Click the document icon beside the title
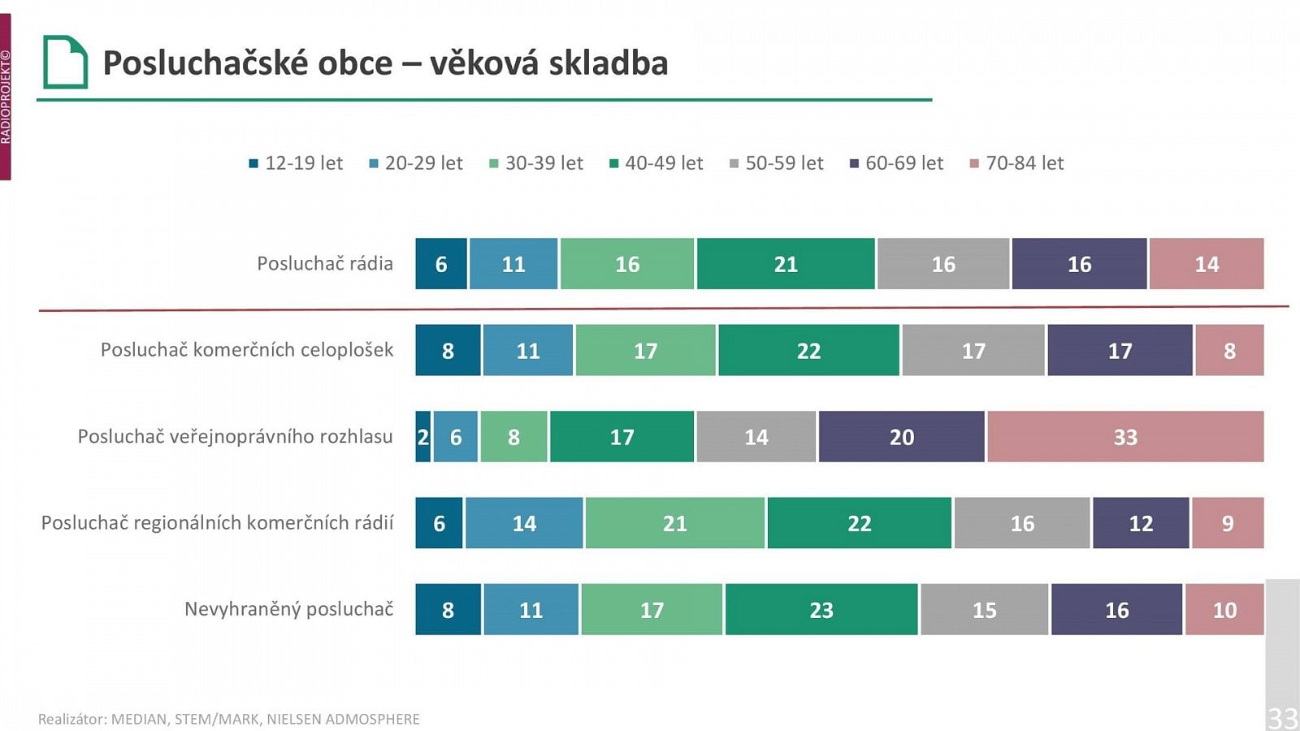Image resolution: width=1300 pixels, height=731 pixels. (x=65, y=62)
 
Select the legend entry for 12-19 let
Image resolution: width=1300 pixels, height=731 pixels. (x=297, y=163)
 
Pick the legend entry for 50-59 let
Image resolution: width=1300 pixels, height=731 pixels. (x=777, y=163)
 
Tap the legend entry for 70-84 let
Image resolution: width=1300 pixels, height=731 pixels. (x=1017, y=163)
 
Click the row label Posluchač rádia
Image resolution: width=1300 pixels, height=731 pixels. (x=324, y=264)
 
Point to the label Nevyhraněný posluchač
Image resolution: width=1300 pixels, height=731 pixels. (x=288, y=609)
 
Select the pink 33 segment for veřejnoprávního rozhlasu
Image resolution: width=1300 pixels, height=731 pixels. (x=1125, y=437)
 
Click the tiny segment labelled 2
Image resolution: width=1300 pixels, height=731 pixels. (x=422, y=437)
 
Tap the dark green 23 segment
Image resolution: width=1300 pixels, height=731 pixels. (x=821, y=609)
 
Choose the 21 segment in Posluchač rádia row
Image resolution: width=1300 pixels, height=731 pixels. (x=786, y=264)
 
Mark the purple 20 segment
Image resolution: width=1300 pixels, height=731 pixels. (x=901, y=437)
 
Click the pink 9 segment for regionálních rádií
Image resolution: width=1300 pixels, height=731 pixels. (x=1227, y=523)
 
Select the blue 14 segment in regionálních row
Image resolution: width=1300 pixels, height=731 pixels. (x=524, y=523)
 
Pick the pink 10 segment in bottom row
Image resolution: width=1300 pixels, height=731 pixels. (x=1224, y=609)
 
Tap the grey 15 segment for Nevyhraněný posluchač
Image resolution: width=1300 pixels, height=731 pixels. (x=984, y=609)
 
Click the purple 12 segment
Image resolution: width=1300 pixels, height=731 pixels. (x=1141, y=523)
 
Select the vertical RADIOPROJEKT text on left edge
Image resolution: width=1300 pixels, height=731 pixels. (x=6, y=97)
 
